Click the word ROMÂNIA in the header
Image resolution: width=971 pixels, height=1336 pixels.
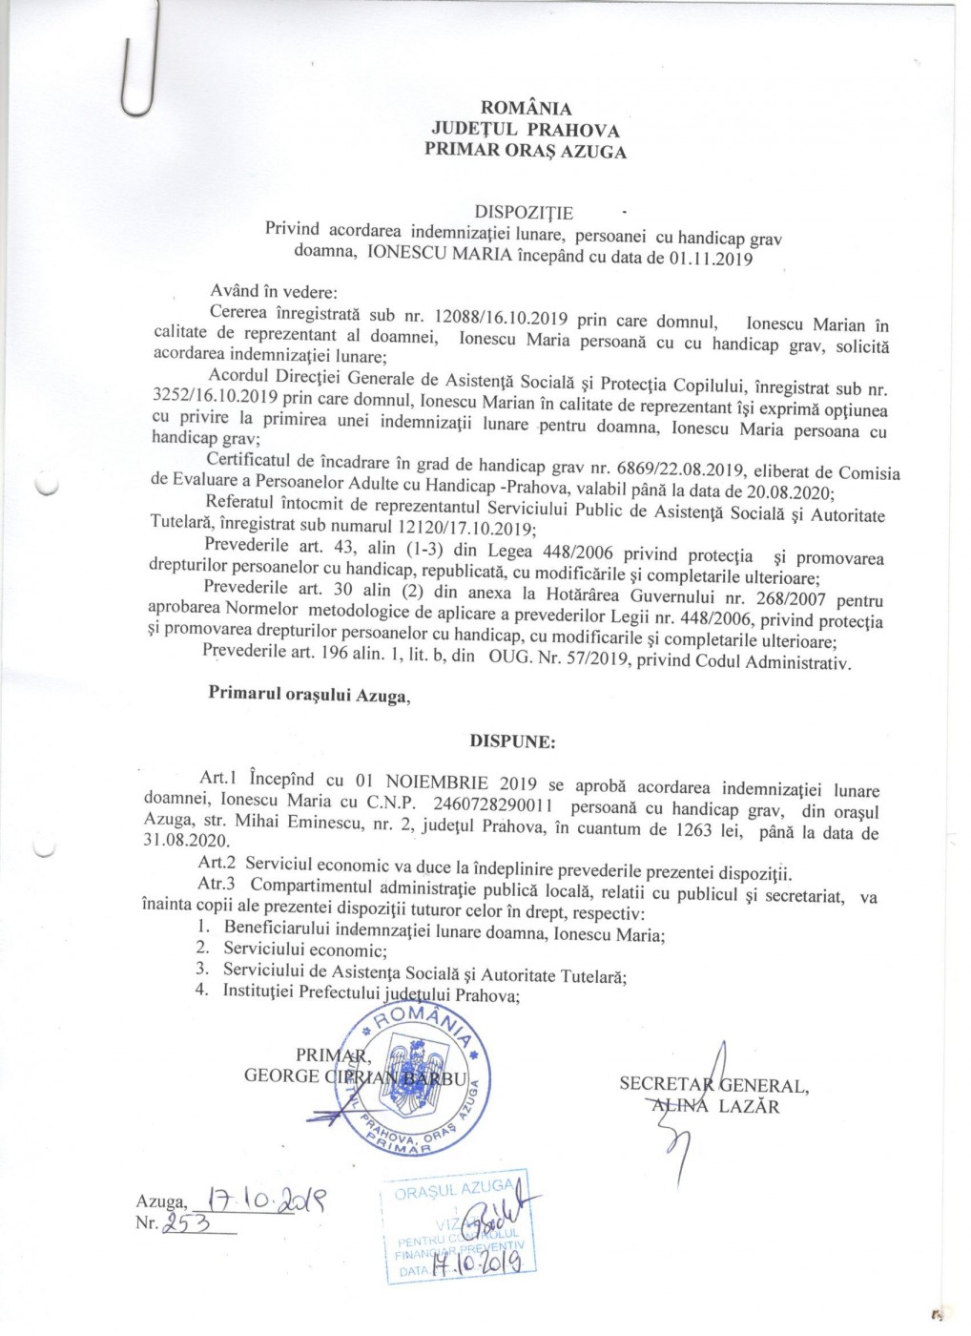[x=527, y=109]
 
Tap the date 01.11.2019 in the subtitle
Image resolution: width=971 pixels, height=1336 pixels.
[x=711, y=259]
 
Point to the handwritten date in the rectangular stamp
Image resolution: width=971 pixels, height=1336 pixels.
[x=476, y=1263]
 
